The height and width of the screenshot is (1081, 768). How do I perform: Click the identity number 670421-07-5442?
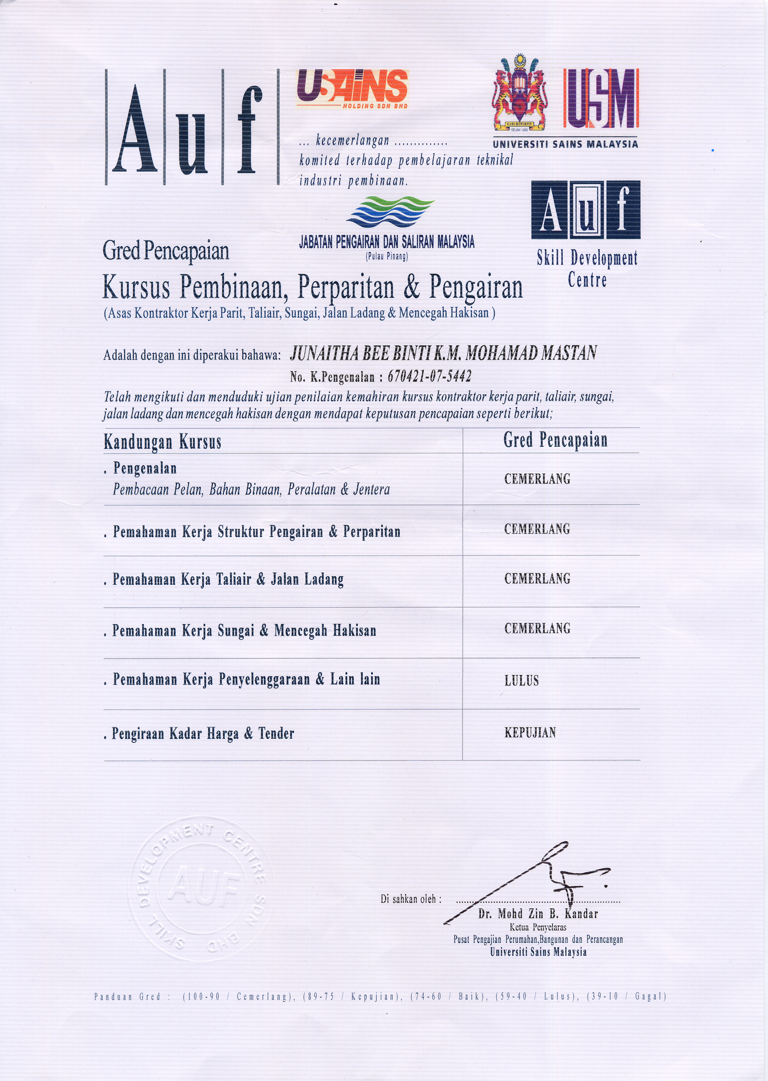(429, 376)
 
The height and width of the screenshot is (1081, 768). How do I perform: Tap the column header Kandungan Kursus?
(162, 442)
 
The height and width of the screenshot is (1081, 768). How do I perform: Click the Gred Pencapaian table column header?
(555, 440)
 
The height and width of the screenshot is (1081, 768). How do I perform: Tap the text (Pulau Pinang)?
(386, 257)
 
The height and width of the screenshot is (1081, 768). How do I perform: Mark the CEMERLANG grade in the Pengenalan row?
(537, 479)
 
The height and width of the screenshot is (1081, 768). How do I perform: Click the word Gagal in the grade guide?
(650, 996)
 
